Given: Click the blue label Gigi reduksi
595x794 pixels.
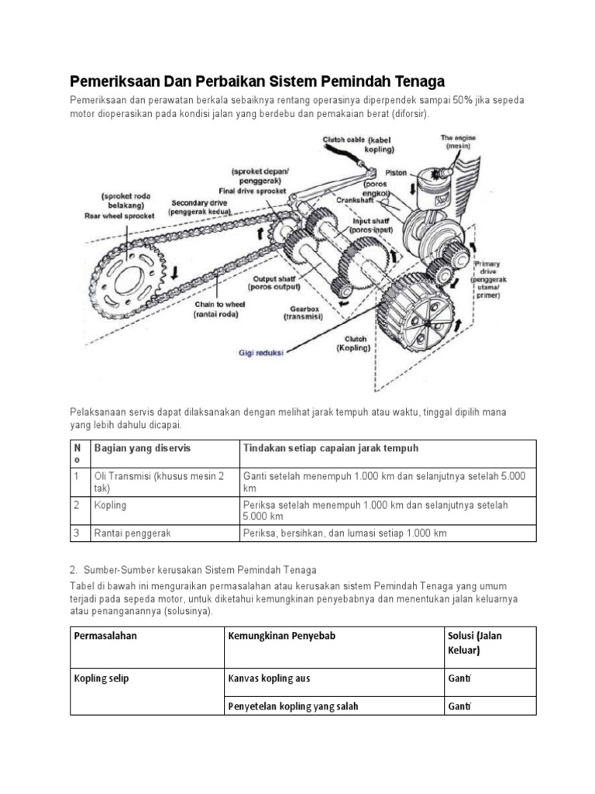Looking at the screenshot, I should click(x=260, y=351).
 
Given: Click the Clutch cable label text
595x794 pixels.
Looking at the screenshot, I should click(x=357, y=144).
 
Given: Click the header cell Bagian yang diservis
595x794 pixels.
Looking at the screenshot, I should click(x=142, y=449).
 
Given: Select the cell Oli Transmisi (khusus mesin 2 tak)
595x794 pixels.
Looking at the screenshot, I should click(x=159, y=482).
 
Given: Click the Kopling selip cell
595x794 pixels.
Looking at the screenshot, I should click(x=101, y=678).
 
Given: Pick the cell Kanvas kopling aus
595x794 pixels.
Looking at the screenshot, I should click(x=269, y=678).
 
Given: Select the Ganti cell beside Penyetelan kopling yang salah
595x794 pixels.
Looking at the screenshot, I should click(x=459, y=706).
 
